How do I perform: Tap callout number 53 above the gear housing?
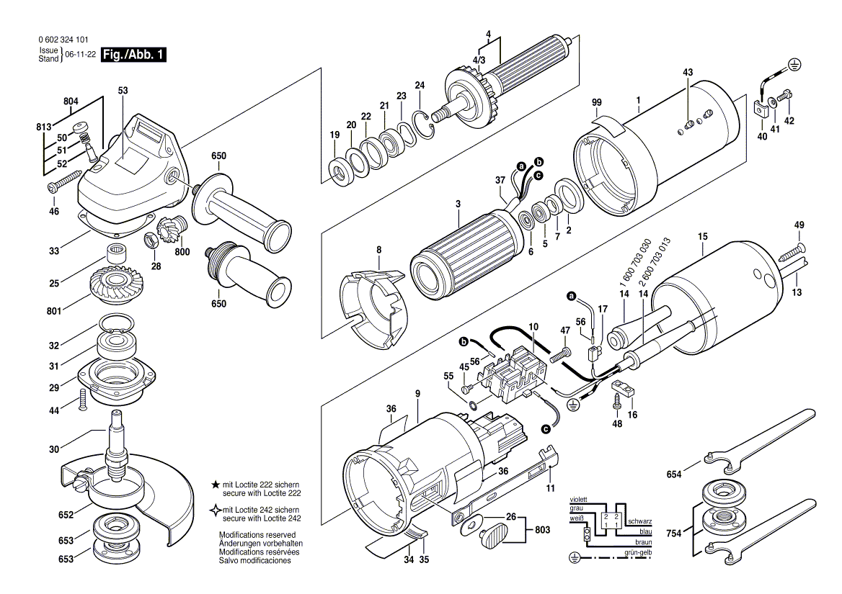[123, 91]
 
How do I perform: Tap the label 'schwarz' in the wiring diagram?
[639, 521]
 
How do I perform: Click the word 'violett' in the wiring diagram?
[578, 499]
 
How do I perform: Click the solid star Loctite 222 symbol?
[216, 485]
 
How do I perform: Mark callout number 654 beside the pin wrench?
[673, 475]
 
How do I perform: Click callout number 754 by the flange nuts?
[673, 534]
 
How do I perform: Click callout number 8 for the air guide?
[378, 250]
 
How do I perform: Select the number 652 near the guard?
[66, 516]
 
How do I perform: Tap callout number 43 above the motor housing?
[688, 72]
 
